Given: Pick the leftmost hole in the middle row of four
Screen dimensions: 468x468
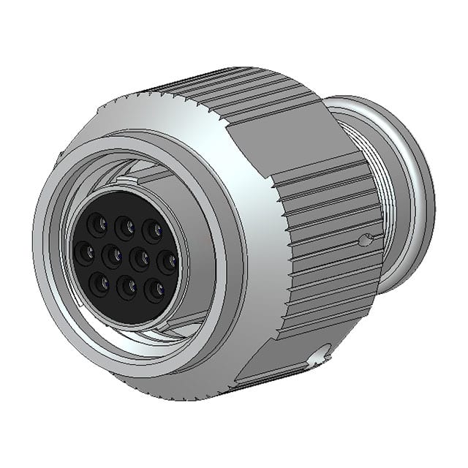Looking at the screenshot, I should pos(84,252).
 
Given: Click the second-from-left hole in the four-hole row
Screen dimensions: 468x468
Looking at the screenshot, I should pos(112,256).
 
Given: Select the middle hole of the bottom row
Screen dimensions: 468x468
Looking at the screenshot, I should pos(127,287).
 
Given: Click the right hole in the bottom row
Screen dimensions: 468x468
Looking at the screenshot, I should pos(154,291).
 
